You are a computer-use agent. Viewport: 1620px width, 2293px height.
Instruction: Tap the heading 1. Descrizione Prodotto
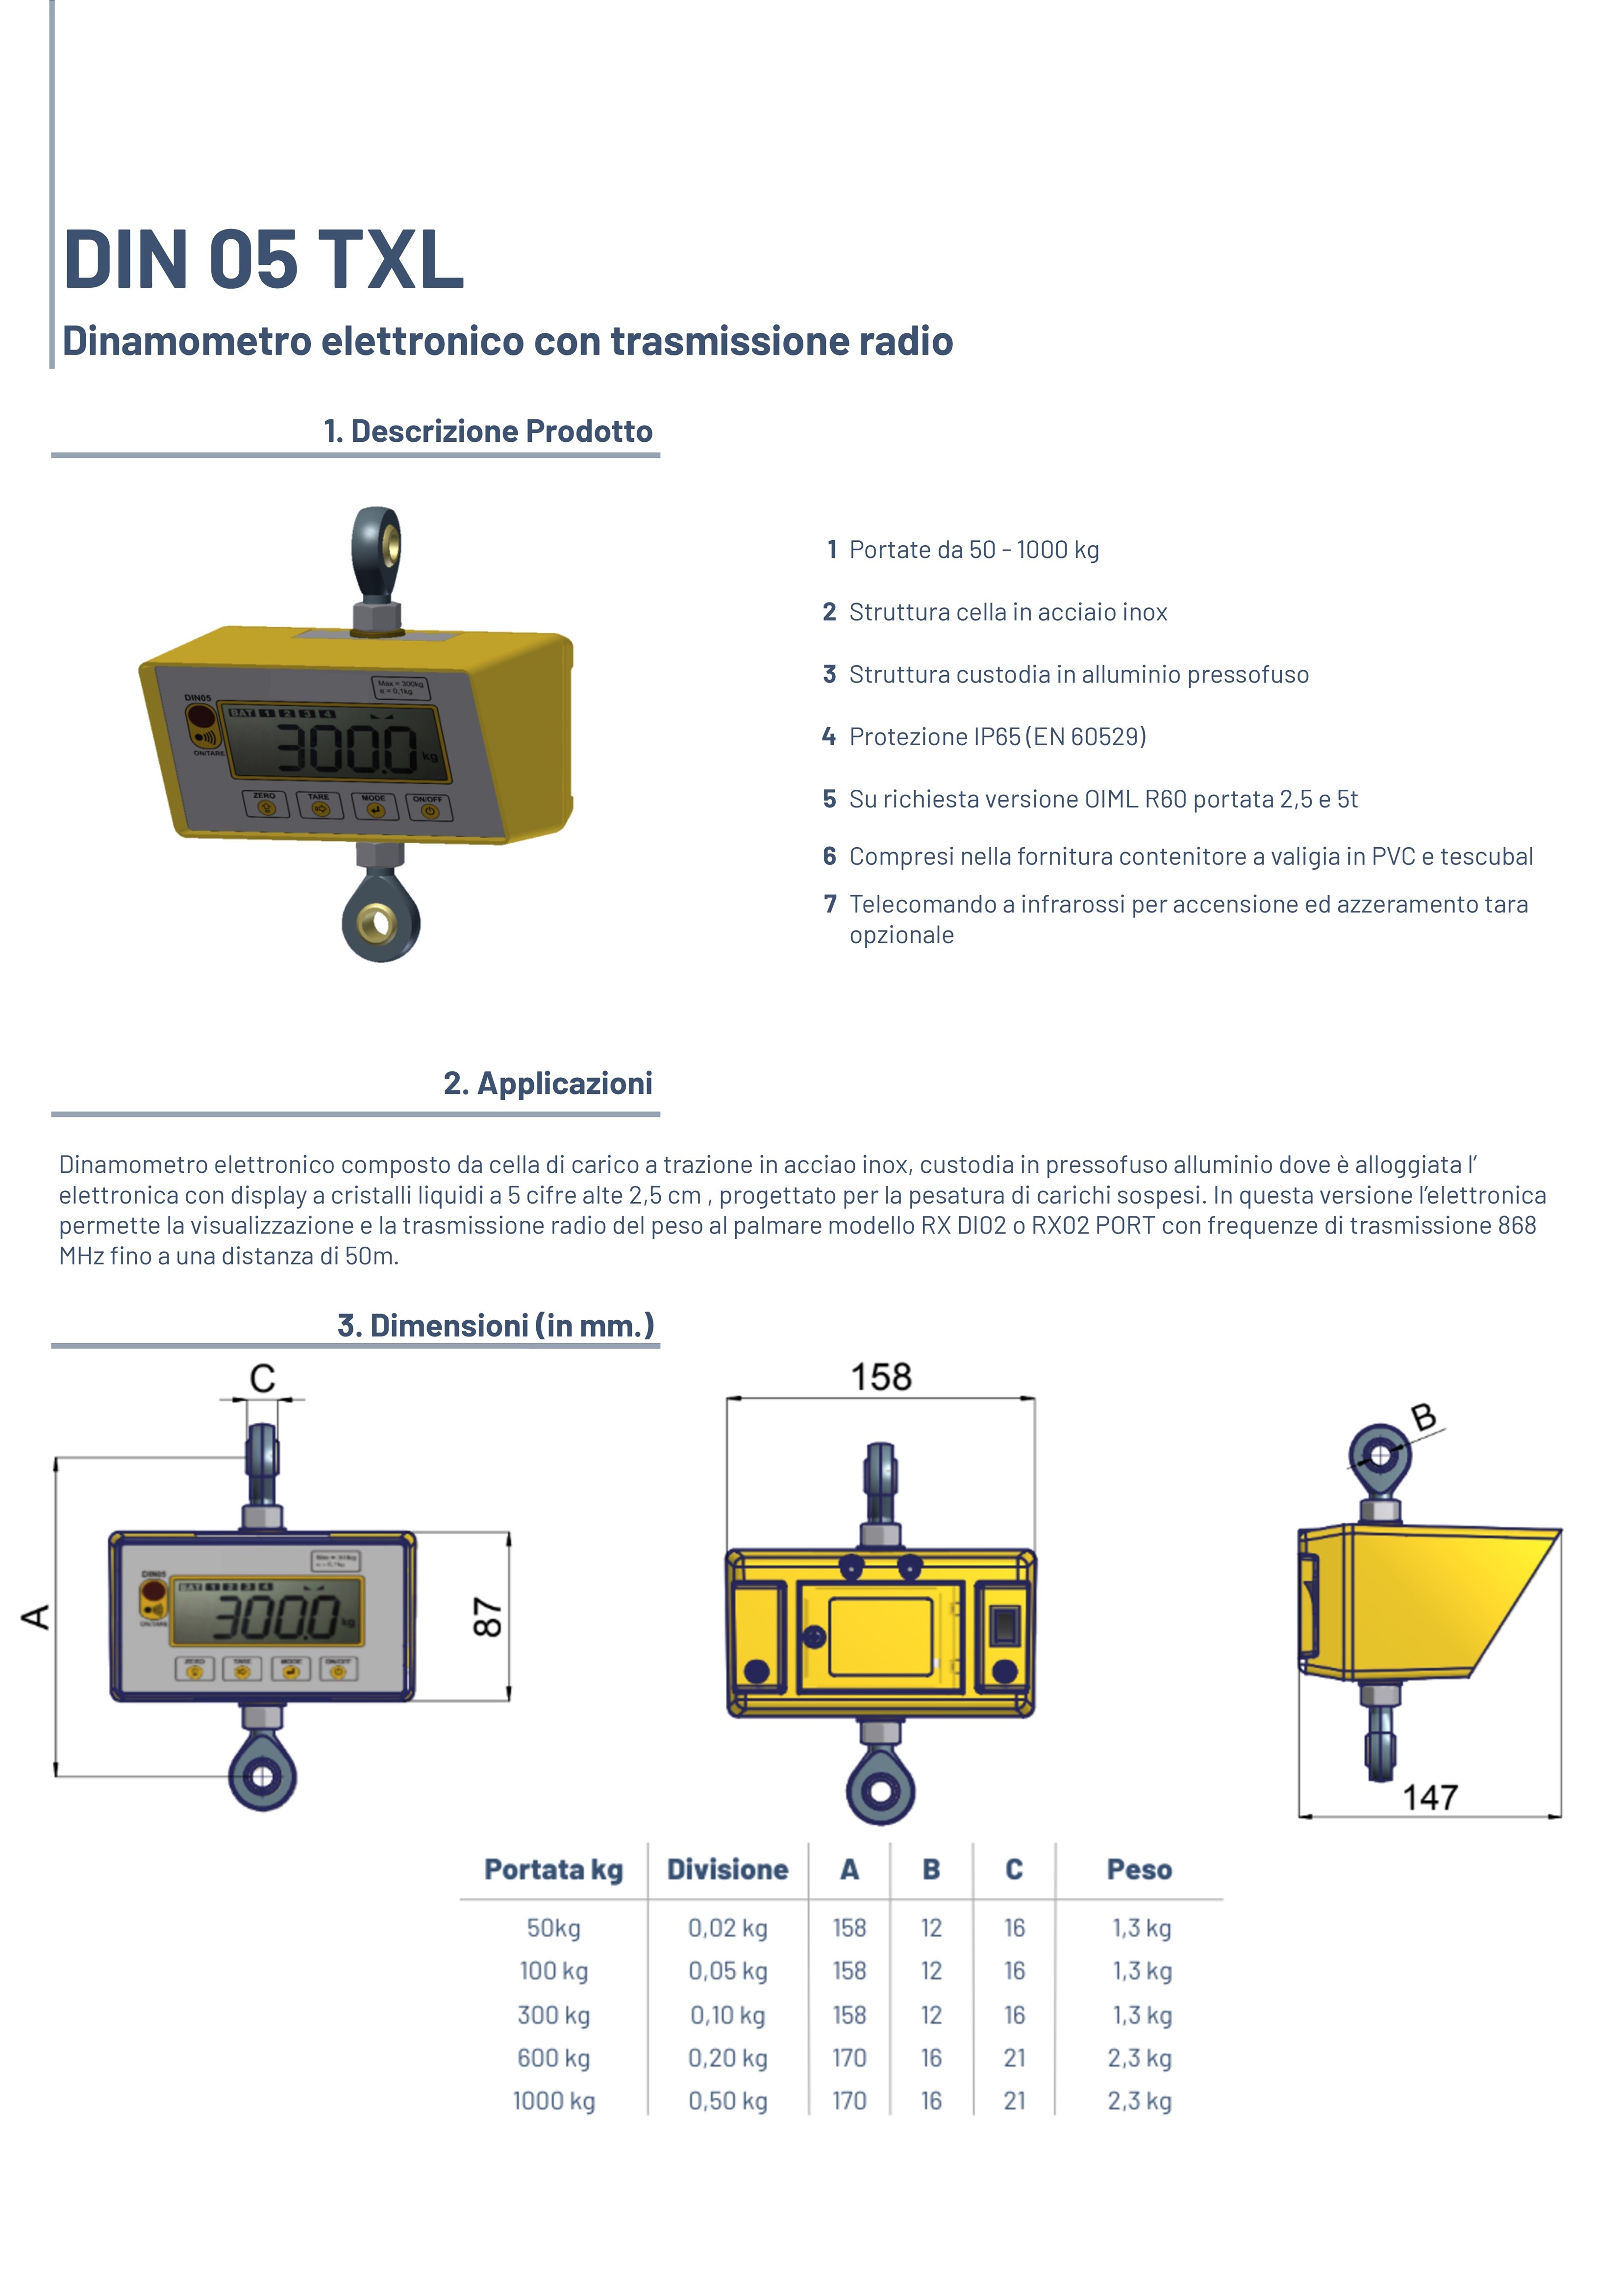[x=487, y=431]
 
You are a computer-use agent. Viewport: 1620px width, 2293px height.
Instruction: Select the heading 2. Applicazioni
[x=548, y=1084]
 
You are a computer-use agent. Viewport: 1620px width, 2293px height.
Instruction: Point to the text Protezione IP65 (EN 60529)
[x=997, y=737]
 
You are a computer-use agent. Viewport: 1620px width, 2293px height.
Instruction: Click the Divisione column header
[x=727, y=1869]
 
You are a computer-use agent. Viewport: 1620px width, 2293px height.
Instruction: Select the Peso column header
[x=1139, y=1869]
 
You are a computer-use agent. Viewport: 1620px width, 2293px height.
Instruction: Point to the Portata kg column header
[x=553, y=1869]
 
